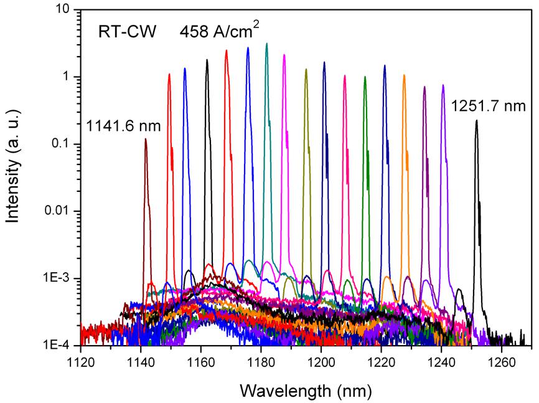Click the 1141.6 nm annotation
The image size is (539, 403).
[124, 126]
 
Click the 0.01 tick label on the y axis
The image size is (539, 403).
[58, 212]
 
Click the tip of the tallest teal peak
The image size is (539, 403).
[267, 44]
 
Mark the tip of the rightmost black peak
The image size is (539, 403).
[476, 121]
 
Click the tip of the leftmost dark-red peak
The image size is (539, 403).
[146, 139]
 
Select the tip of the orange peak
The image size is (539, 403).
[404, 75]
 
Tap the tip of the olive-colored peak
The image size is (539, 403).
[306, 69]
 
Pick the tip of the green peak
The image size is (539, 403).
[365, 77]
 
